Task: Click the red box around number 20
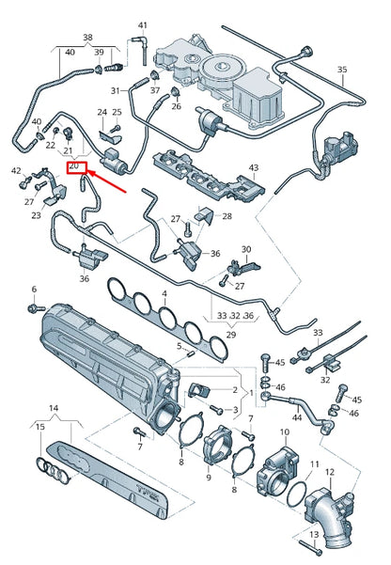click(x=75, y=166)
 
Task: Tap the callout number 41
click(x=143, y=24)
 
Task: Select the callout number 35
click(x=342, y=70)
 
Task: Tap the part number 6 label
click(x=33, y=289)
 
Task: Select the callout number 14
click(x=54, y=409)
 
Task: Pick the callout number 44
click(x=296, y=416)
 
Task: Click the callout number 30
click(x=247, y=250)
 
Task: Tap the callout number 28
click(x=227, y=216)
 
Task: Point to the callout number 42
click(x=16, y=170)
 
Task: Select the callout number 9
click(x=209, y=478)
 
